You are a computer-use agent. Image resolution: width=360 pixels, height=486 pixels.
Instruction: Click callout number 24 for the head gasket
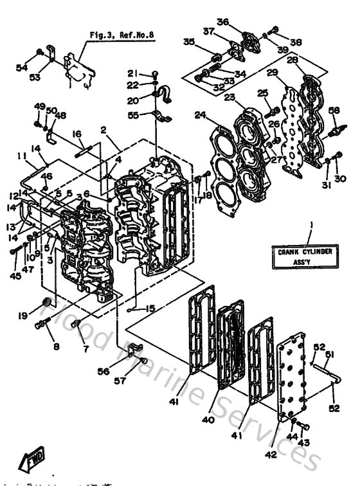(x=201, y=116)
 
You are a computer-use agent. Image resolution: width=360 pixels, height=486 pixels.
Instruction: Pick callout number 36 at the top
(x=222, y=22)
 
